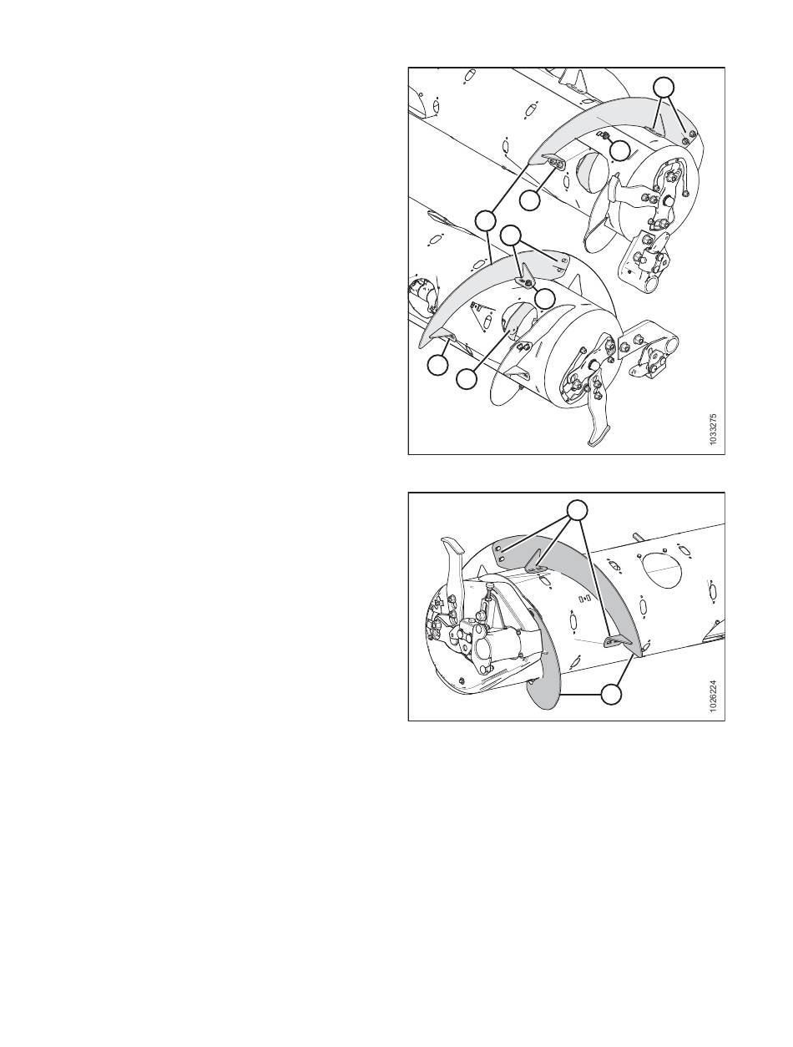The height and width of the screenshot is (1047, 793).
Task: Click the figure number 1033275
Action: pyautogui.click(x=714, y=429)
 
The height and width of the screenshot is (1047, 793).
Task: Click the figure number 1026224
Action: pyautogui.click(x=714, y=696)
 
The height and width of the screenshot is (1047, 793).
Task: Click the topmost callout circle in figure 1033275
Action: pyautogui.click(x=664, y=88)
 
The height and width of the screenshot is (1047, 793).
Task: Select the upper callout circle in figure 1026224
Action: pyautogui.click(x=577, y=510)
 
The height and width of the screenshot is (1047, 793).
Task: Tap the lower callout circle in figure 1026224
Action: pyautogui.click(x=611, y=694)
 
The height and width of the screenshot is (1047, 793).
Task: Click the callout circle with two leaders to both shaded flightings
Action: pyautogui.click(x=485, y=221)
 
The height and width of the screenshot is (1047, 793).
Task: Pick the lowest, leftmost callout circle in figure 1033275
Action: pyautogui.click(x=437, y=366)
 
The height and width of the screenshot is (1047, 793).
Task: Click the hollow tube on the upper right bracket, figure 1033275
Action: pyautogui.click(x=654, y=287)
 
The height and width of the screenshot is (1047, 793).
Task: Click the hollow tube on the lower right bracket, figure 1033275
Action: pyautogui.click(x=668, y=342)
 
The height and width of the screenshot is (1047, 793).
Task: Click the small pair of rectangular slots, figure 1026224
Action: pyautogui.click(x=584, y=598)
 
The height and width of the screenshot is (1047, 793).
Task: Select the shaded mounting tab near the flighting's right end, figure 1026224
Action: pyautogui.click(x=615, y=641)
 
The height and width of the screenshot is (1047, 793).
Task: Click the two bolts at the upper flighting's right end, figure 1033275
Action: pyautogui.click(x=689, y=139)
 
